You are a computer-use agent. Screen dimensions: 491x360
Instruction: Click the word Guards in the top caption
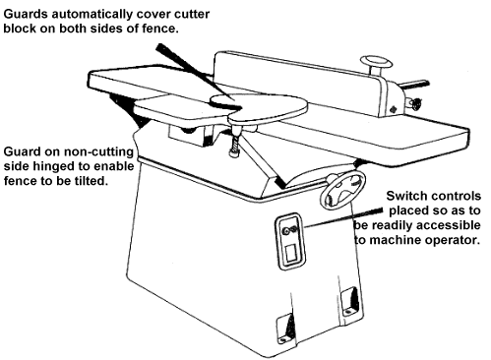pyautogui.click(x=26, y=14)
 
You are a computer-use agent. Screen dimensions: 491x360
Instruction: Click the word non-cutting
pyautogui.click(x=98, y=151)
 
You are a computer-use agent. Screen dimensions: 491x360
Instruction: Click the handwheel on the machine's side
pyautogui.click(x=342, y=191)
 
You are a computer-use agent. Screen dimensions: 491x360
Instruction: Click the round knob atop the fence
pyautogui.click(x=376, y=62)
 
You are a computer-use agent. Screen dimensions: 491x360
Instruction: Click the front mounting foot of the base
pyautogui.click(x=285, y=328)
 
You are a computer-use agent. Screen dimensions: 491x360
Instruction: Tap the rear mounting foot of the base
pyautogui.click(x=350, y=302)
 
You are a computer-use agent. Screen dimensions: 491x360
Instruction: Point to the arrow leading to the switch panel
pyautogui.click(x=343, y=217)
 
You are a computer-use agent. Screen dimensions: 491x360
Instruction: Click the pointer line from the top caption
pyautogui.click(x=199, y=76)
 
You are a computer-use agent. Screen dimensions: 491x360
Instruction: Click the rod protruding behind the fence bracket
pyautogui.click(x=416, y=85)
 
